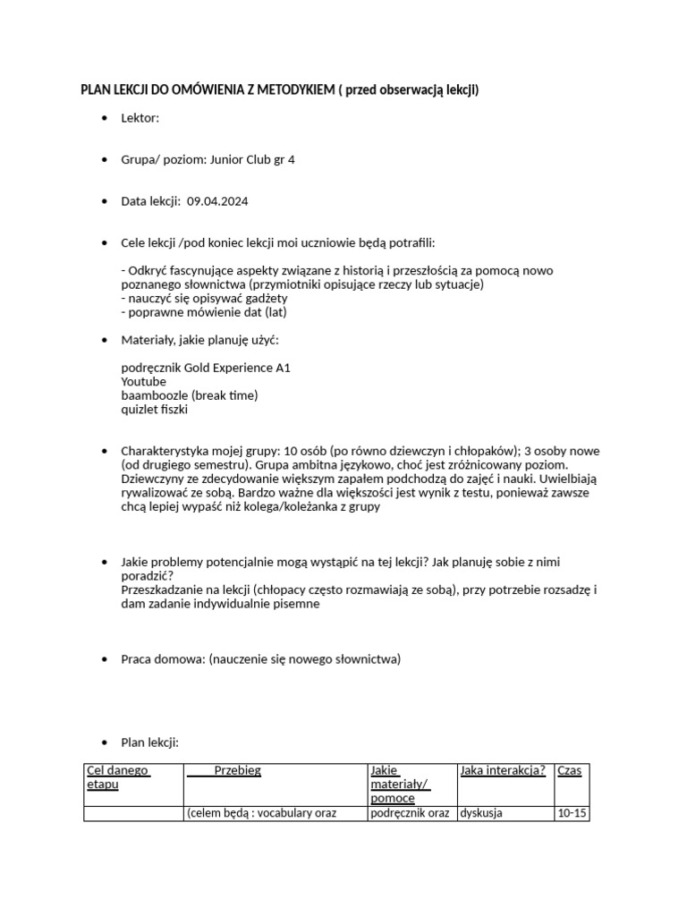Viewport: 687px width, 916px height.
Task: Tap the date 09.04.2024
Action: pos(218,201)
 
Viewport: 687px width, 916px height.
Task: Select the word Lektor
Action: pos(140,118)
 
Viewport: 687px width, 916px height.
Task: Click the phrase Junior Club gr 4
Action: pos(252,160)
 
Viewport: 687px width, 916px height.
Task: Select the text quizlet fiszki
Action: pos(155,410)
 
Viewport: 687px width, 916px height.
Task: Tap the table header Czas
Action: pos(569,770)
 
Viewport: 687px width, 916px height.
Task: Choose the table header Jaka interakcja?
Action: pos(502,770)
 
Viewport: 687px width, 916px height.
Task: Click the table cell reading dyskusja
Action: pos(481,813)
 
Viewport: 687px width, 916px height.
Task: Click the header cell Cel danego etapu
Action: pos(117,777)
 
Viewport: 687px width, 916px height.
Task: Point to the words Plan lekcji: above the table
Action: pos(150,742)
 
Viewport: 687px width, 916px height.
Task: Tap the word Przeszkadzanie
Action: pos(163,589)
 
